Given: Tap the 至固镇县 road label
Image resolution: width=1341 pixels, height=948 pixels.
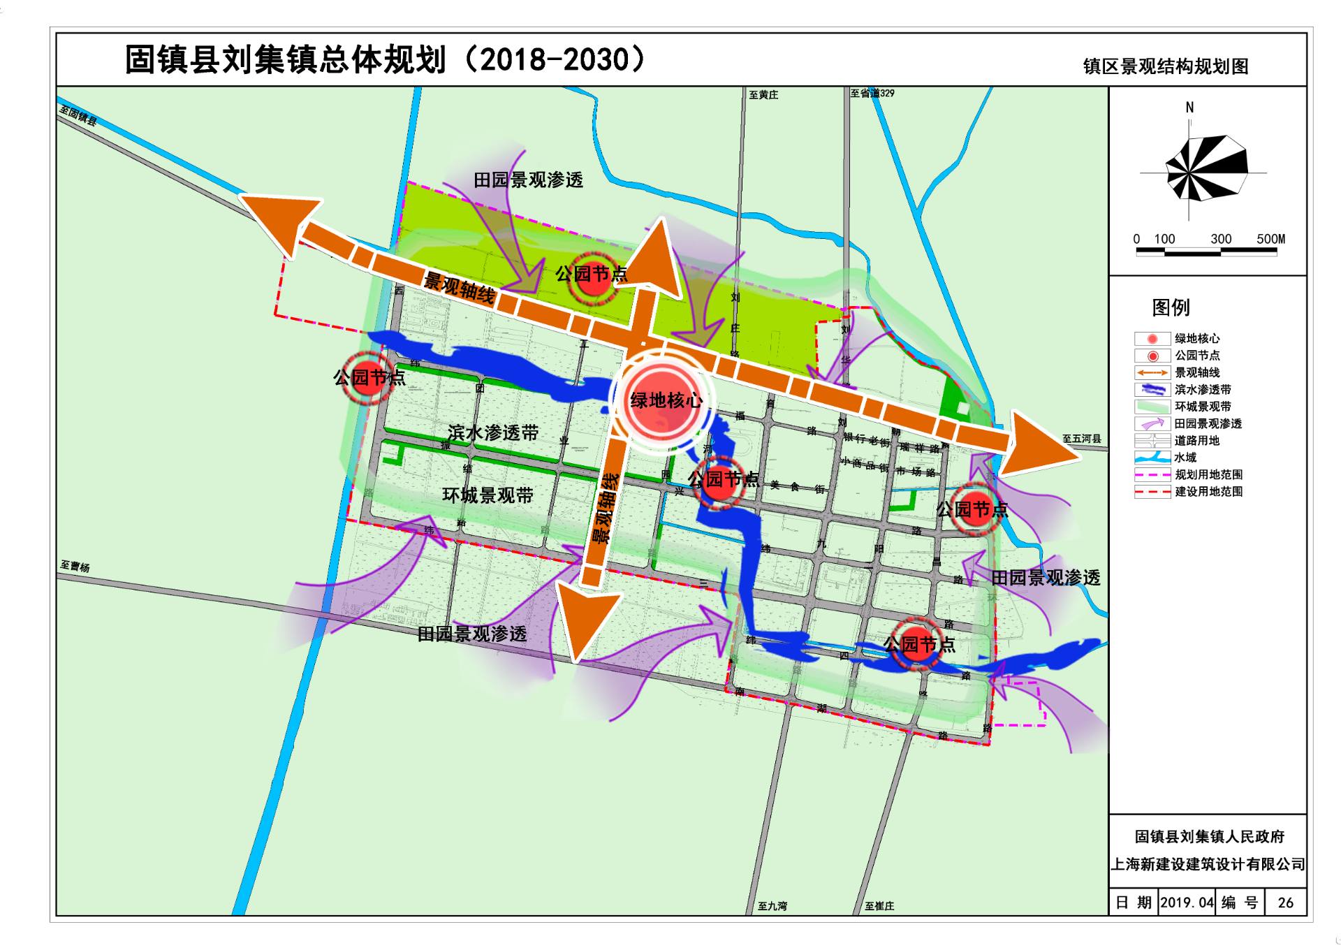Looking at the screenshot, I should (x=78, y=115).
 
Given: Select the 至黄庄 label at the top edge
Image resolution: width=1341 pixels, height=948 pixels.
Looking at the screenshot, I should (x=763, y=95).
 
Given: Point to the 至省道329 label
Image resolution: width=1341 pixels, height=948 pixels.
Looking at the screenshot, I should (x=872, y=93).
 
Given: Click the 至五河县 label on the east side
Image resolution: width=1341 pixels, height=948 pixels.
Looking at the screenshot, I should (x=1082, y=439).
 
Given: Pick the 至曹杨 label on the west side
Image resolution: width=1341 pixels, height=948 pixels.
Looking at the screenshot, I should (x=75, y=566).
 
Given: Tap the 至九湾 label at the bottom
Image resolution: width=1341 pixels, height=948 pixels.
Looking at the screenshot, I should (x=772, y=906).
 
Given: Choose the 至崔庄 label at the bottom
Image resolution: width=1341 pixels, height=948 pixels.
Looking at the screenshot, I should (x=879, y=906).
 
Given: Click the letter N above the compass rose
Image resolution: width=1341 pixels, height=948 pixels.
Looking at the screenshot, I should (x=1189, y=108).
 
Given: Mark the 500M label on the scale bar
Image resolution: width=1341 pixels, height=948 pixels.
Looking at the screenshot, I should (x=1270, y=239).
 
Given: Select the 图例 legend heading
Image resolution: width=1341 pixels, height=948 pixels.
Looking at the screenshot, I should (x=1171, y=307).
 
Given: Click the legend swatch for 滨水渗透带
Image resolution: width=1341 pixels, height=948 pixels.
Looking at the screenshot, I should (x=1152, y=390).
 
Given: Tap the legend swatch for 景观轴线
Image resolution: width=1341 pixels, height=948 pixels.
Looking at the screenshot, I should (x=1152, y=373).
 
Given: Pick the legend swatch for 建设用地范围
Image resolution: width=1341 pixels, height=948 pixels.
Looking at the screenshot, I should (x=1152, y=492).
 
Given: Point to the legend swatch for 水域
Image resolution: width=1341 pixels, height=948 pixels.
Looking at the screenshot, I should (x=1152, y=458).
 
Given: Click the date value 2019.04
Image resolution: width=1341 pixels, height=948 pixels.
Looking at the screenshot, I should (x=1187, y=903).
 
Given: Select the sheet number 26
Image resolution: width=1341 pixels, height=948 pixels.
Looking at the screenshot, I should (x=1285, y=903).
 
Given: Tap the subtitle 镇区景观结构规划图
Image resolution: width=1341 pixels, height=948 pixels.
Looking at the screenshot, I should (x=1166, y=66).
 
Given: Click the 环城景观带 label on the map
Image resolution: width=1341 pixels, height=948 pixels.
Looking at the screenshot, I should (x=488, y=495).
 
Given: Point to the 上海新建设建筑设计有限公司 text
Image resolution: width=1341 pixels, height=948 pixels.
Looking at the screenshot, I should (x=1208, y=865).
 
